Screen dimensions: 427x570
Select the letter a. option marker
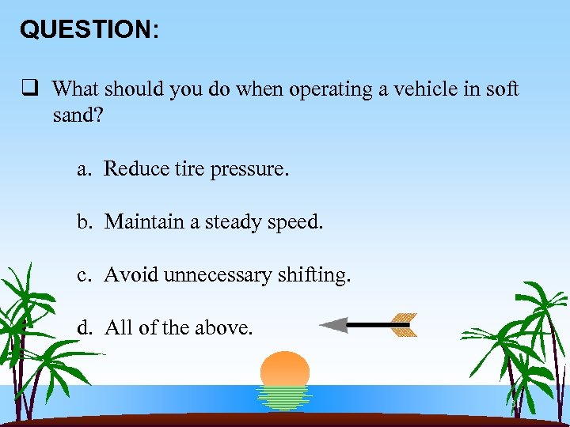point(85,169)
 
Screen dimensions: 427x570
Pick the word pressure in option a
point(248,169)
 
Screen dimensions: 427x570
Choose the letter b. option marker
point(85,222)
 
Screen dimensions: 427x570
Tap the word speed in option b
point(294,223)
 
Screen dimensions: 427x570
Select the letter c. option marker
point(85,275)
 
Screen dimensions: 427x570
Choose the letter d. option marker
point(85,327)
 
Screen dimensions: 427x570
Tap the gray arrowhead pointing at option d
point(333,324)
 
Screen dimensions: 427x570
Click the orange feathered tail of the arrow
point(403,324)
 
